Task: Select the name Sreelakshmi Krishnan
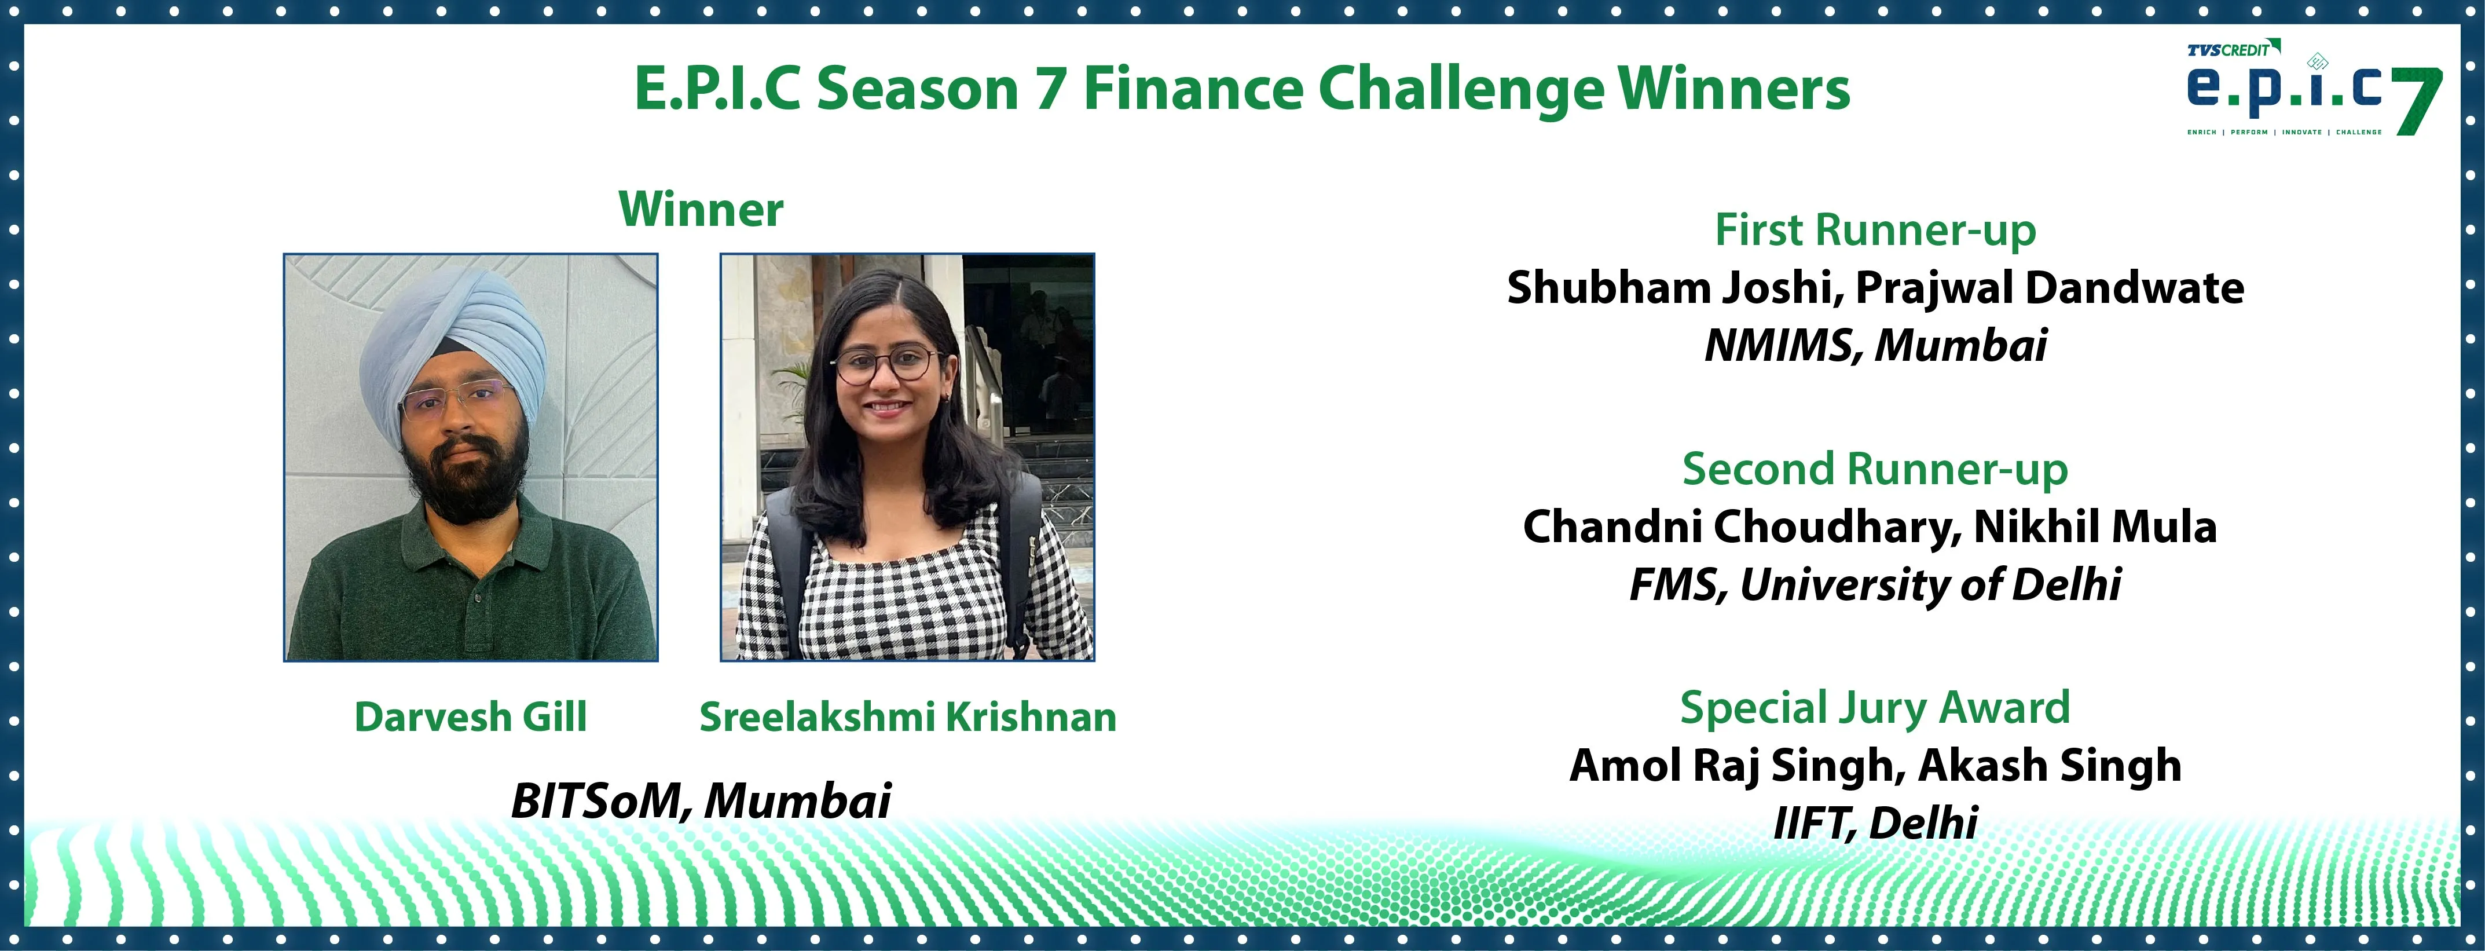pos(908,716)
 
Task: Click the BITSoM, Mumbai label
pos(701,800)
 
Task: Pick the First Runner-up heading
pos(1875,231)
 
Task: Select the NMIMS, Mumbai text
pos(1875,345)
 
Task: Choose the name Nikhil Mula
pos(2095,526)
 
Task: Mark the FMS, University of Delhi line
pos(1875,584)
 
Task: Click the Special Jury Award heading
pos(1875,708)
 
